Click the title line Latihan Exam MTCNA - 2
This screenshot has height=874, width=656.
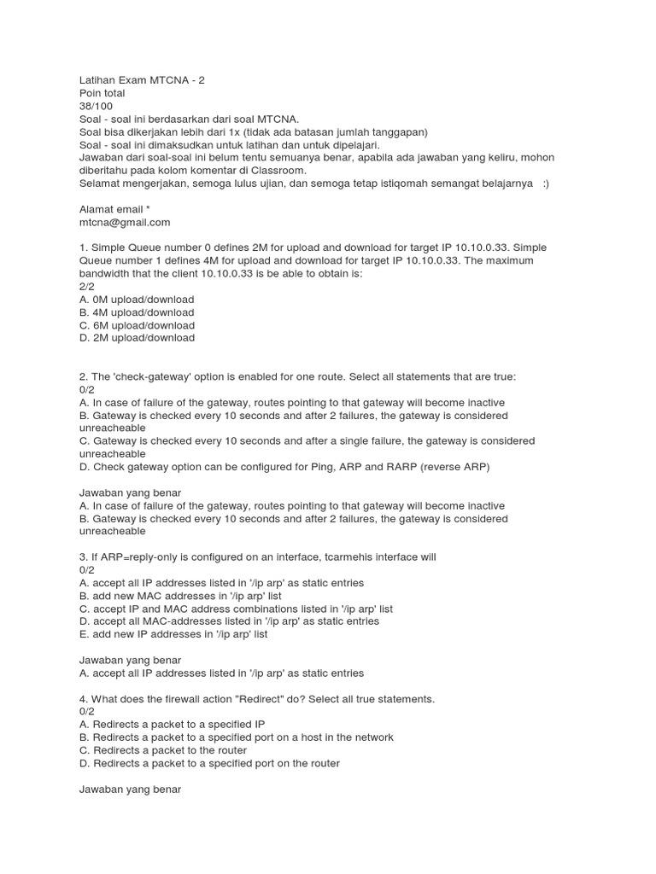[142, 80]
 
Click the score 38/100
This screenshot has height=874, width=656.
[96, 106]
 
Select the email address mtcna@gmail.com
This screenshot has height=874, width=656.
[124, 222]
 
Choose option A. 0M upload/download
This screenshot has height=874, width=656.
[137, 300]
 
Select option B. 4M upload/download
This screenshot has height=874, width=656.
[137, 312]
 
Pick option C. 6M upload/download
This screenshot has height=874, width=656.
[137, 325]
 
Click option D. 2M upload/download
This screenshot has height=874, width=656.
[137, 338]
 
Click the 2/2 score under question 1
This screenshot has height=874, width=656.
[86, 287]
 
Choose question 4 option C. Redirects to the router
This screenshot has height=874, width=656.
[169, 750]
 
